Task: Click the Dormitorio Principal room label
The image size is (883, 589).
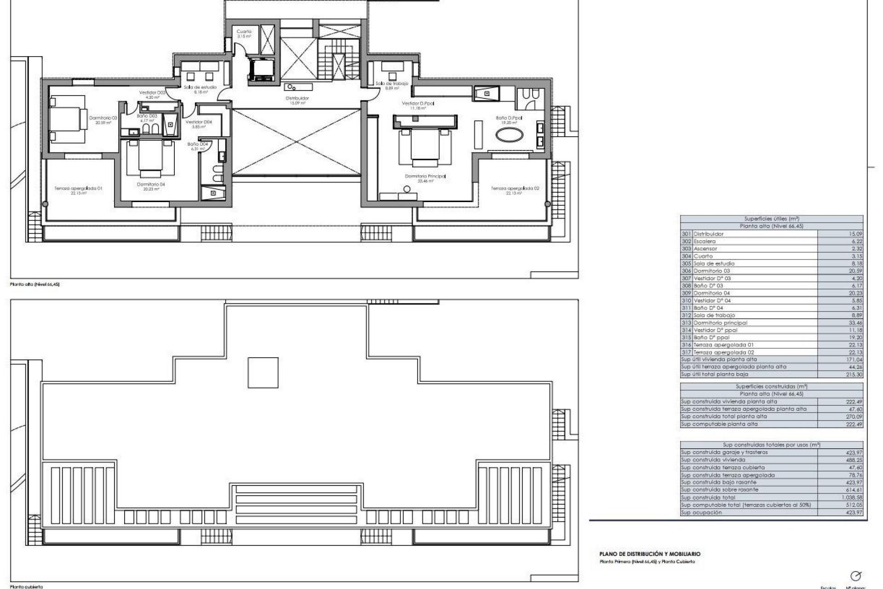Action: pyautogui.click(x=425, y=176)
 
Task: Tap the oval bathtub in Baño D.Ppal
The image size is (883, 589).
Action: pyautogui.click(x=509, y=135)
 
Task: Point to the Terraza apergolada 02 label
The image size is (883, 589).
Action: pyautogui.click(x=515, y=188)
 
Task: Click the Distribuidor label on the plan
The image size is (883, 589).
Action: pyautogui.click(x=297, y=98)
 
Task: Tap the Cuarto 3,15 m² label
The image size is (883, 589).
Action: pyautogui.click(x=244, y=32)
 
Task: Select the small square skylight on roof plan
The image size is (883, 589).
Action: pyautogui.click(x=263, y=373)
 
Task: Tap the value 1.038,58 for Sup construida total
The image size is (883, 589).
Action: pyautogui.click(x=853, y=497)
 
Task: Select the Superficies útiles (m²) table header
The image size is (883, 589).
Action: pyautogui.click(x=771, y=219)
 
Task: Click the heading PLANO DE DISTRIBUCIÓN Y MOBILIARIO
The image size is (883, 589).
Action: pyautogui.click(x=650, y=554)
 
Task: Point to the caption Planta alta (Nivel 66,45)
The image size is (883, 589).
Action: pyautogui.click(x=35, y=284)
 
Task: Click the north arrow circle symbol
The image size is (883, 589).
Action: pyautogui.click(x=856, y=576)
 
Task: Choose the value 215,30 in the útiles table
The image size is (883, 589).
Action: pyautogui.click(x=855, y=375)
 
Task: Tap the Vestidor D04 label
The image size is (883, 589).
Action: pyautogui.click(x=199, y=122)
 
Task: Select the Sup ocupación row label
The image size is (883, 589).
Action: pyautogui.click(x=701, y=512)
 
